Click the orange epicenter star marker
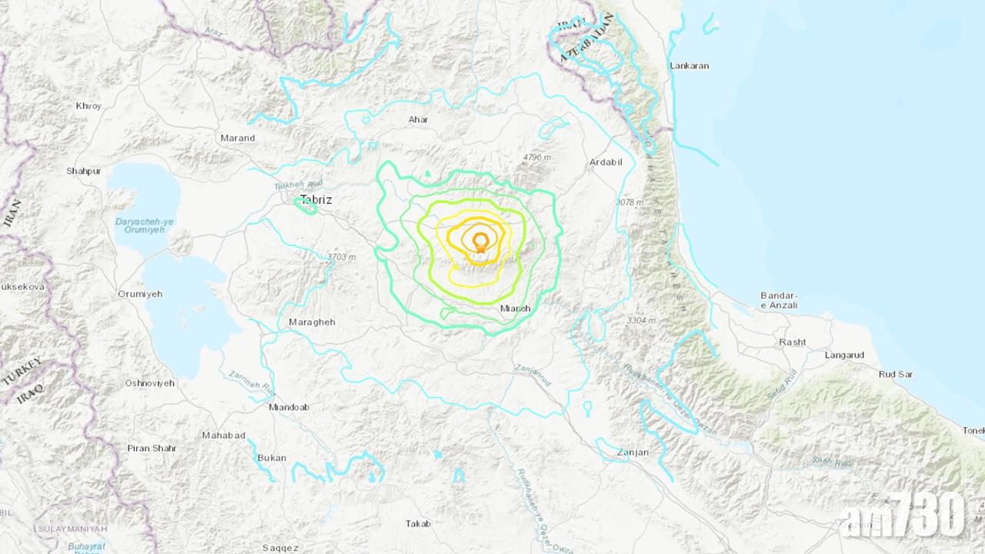pos(481,248)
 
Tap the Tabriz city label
pos(316,200)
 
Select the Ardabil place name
pos(605,162)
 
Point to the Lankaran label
pos(689,66)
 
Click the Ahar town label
pos(419,120)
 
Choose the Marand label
pos(238,138)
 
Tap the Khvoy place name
pos(88,106)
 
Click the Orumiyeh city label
pos(140,294)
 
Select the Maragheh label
pos(312,322)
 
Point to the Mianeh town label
pos(516,309)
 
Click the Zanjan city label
pos(633,452)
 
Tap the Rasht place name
pos(793,342)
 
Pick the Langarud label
pos(844,355)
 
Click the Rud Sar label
pos(896,375)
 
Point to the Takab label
pos(418,524)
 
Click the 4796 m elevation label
pos(537,158)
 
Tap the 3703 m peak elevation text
pos(342,257)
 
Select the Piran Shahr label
pos(152,448)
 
